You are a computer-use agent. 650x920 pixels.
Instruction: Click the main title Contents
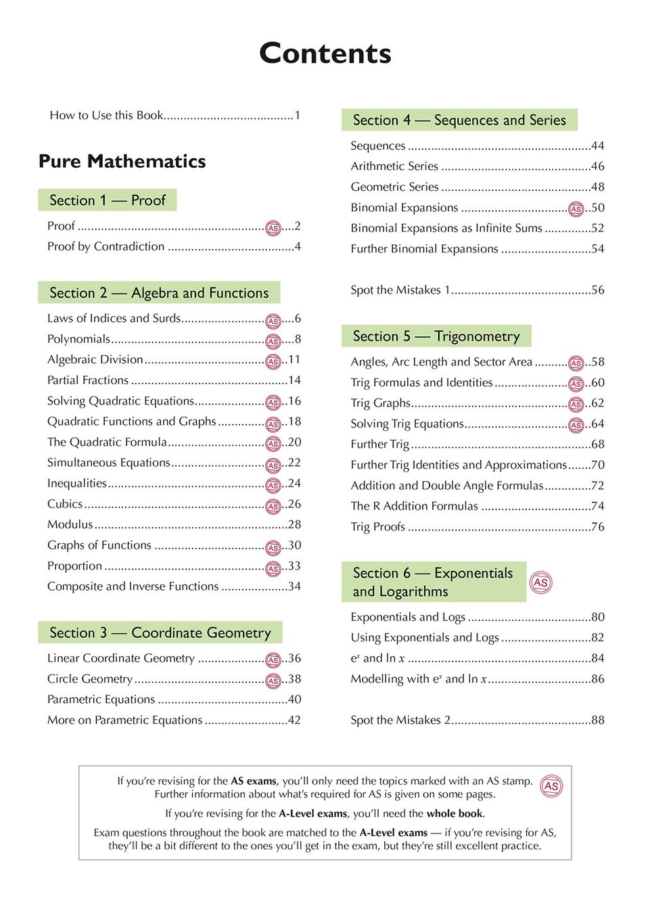pyautogui.click(x=325, y=53)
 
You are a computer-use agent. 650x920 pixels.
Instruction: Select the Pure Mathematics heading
pyautogui.click(x=122, y=161)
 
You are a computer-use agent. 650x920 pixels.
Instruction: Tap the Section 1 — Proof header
pyautogui.click(x=107, y=200)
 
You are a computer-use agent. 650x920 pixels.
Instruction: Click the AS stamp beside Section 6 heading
pyautogui.click(x=540, y=582)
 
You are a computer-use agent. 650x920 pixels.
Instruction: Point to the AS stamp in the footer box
pyautogui.click(x=551, y=785)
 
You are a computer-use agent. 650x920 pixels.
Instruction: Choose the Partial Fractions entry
pyautogui.click(x=88, y=380)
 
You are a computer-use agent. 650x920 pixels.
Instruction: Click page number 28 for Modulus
pyautogui.click(x=294, y=524)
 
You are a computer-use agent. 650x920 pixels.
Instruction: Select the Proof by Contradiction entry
pyautogui.click(x=106, y=246)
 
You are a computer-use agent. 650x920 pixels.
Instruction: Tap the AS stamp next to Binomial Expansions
pyautogui.click(x=576, y=209)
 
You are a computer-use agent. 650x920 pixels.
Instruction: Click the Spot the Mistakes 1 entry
pyautogui.click(x=400, y=290)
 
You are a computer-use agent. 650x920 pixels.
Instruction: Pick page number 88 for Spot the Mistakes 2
pyautogui.click(x=598, y=720)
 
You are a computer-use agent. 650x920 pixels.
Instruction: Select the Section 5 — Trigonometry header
pyautogui.click(x=436, y=336)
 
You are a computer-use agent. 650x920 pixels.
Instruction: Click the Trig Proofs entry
pyautogui.click(x=377, y=527)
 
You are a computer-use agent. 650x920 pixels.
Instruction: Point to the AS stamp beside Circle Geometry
pyautogui.click(x=273, y=681)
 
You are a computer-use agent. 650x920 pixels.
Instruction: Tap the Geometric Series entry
pyautogui.click(x=394, y=187)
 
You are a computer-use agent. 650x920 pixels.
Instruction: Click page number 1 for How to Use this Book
pyautogui.click(x=297, y=115)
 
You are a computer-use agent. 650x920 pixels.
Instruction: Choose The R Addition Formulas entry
pyautogui.click(x=414, y=506)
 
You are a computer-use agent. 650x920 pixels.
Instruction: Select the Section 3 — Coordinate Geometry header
pyautogui.click(x=160, y=632)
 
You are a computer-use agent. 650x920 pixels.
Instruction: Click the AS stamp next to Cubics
pyautogui.click(x=273, y=506)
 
